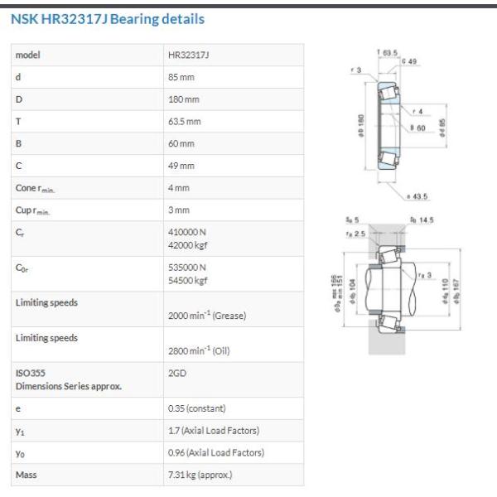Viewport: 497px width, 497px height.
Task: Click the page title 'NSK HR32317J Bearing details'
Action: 108,19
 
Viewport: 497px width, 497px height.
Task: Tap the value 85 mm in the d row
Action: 181,77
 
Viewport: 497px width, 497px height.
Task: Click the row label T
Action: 18,122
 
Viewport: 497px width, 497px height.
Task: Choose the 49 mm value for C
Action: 181,166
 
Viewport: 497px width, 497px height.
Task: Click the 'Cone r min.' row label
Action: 35,188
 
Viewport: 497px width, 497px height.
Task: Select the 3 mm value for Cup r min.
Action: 179,210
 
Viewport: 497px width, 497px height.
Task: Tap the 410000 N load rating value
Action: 187,232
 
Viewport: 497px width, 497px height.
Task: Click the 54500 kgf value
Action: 188,281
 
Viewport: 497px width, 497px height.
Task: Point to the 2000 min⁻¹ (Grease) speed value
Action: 207,316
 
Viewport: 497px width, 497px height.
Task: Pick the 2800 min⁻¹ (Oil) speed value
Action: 199,350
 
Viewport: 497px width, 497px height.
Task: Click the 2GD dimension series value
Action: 177,373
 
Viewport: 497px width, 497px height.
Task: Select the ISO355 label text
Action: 31,373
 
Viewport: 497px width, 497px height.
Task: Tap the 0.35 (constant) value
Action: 197,408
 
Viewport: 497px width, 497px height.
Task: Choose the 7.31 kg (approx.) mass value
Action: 200,475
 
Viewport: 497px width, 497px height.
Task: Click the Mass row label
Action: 26,475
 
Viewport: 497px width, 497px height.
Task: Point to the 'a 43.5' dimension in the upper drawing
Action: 417,196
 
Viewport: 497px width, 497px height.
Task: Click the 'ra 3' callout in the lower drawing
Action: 425,275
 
